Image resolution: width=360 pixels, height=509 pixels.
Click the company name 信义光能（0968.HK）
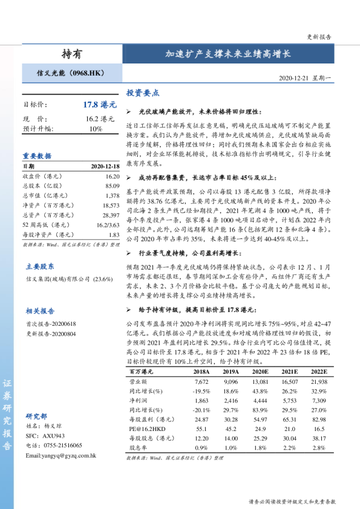[71, 74]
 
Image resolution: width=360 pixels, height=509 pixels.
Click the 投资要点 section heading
[143, 94]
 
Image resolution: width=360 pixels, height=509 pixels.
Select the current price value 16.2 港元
[100, 119]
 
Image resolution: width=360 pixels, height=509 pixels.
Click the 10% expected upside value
[96, 129]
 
